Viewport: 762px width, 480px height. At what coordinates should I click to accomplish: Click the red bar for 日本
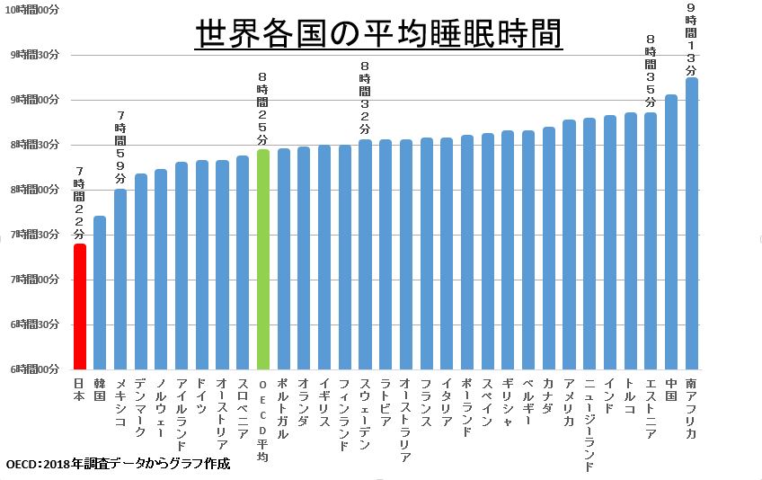pyautogui.click(x=79, y=307)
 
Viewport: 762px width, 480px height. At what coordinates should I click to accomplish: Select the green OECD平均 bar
pyautogui.click(x=262, y=259)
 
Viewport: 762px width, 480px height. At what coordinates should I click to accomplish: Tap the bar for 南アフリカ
pyautogui.click(x=691, y=223)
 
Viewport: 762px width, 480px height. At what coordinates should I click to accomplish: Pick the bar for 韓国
pyautogui.click(x=100, y=292)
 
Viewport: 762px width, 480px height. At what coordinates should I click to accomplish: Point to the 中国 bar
pyautogui.click(x=670, y=231)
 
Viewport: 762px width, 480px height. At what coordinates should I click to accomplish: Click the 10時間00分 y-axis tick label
pyautogui.click(x=34, y=10)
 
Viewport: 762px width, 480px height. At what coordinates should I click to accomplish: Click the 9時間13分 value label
pyautogui.click(x=691, y=39)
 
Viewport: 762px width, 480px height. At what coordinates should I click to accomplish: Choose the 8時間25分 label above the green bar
pyautogui.click(x=262, y=111)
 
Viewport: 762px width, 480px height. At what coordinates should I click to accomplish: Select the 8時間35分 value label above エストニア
pyautogui.click(x=651, y=70)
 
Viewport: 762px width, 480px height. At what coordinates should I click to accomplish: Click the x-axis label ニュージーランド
pyautogui.click(x=589, y=422)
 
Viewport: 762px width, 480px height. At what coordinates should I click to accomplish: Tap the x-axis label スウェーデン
pyautogui.click(x=365, y=410)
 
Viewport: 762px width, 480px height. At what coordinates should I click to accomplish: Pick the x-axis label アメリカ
pyautogui.click(x=569, y=402)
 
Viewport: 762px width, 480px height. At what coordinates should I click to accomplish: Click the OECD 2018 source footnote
pyautogui.click(x=117, y=465)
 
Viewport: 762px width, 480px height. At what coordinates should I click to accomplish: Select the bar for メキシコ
pyautogui.click(x=120, y=279)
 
